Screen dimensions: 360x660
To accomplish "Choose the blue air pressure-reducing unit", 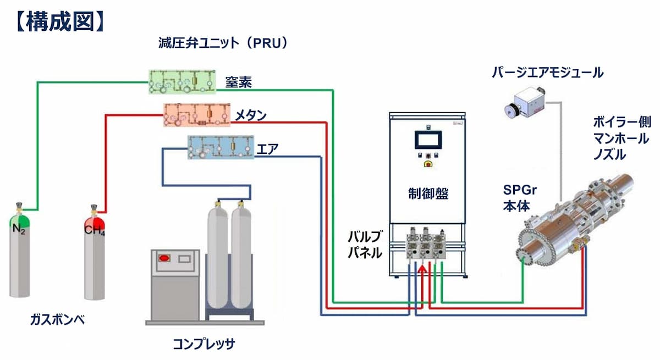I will point(221,147).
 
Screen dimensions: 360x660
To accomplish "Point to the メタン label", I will point(250,115).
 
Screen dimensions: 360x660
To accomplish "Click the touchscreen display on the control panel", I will point(427,140).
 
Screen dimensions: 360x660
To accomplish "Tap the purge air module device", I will point(523,105).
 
